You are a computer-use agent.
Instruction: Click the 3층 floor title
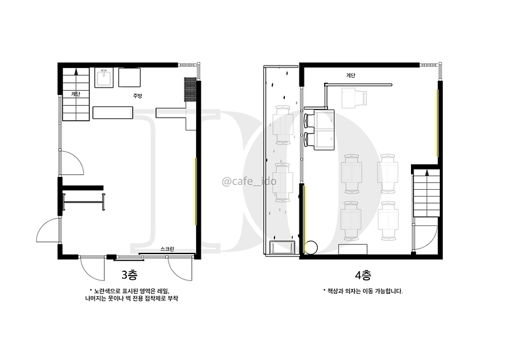tap(129, 275)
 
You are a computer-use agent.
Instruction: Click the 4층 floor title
tap(363, 276)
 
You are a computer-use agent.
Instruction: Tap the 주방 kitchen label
tap(137, 96)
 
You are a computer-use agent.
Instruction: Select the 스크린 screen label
tap(167, 249)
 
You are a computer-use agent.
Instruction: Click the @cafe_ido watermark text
tap(249, 181)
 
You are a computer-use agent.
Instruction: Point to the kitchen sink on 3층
tap(104, 78)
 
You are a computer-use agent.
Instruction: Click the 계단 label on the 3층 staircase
tap(75, 94)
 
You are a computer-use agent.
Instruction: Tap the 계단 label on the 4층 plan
tap(350, 76)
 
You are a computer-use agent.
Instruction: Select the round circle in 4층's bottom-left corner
tap(311, 247)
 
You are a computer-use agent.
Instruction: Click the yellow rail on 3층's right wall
tap(194, 191)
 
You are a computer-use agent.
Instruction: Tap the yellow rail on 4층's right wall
tap(437, 123)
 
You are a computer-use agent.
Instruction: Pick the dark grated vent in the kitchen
tap(190, 89)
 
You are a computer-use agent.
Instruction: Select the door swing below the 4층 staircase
tap(426, 238)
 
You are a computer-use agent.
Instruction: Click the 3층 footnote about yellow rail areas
tap(131, 294)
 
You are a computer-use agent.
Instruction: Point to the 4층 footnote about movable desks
tap(363, 291)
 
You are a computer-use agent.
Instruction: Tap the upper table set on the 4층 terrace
tap(283, 125)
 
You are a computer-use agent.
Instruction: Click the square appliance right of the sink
tap(129, 77)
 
